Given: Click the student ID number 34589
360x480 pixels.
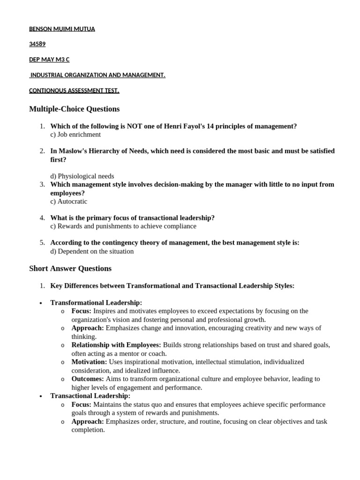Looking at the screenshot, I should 37,44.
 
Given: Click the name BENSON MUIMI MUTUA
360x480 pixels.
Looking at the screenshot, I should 62,29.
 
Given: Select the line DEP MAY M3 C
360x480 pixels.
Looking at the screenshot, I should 49,60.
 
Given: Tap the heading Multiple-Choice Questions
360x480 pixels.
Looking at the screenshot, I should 74,109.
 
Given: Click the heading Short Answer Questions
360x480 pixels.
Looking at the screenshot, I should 70,269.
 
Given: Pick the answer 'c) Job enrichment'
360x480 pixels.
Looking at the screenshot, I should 75,135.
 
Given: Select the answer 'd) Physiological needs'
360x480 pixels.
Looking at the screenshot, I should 82,176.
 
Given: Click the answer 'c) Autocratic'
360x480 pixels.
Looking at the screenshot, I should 69,202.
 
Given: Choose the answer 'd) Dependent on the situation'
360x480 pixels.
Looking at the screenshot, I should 92,251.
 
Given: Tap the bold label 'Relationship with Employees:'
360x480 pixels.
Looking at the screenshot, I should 116,345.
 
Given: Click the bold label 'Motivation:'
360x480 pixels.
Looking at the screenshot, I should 89,362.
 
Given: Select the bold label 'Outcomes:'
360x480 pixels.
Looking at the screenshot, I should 88,379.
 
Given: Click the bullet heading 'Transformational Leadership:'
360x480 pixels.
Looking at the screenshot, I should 96,303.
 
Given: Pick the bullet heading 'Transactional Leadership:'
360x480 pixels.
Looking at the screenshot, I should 90,396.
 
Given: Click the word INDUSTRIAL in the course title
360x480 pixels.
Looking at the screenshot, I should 49,75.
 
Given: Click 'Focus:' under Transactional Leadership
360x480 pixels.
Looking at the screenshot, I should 82,405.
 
